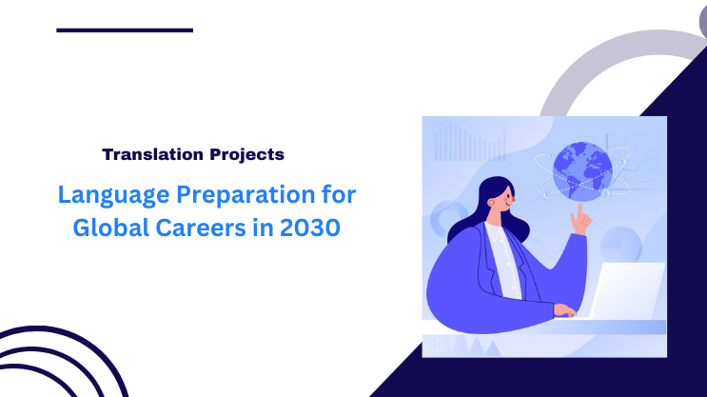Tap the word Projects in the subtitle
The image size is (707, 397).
pos(245,153)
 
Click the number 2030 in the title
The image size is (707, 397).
pos(306,231)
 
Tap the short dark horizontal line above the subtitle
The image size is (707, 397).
pos(125,30)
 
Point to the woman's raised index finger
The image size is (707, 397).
pos(577,210)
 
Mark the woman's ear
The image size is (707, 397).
pos(492,199)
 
